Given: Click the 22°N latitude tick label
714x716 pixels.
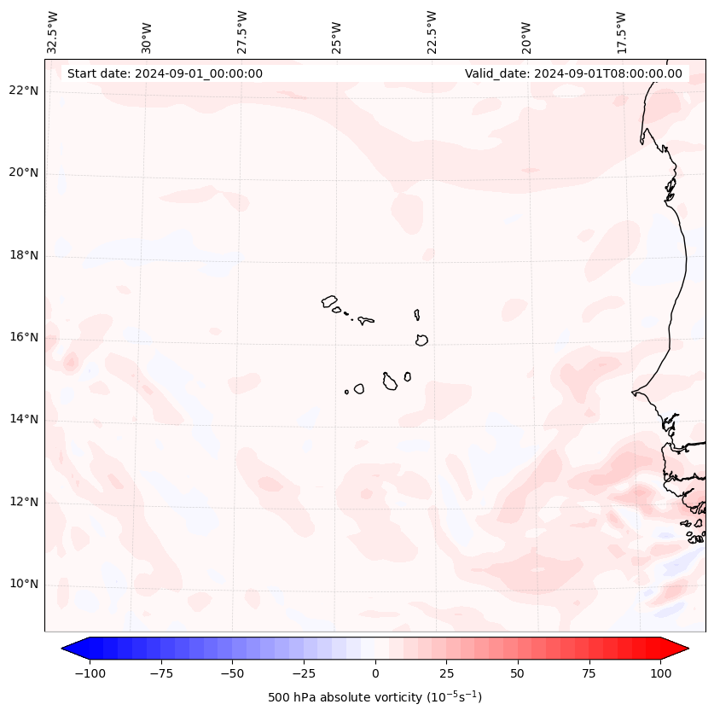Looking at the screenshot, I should [25, 91].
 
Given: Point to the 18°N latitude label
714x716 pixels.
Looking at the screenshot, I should [25, 255].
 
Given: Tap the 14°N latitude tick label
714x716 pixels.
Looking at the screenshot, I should [25, 419].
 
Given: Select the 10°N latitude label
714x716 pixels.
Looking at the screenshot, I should [25, 585].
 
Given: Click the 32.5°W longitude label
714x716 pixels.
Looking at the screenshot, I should [53, 32].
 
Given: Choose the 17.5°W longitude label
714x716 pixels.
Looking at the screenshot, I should [622, 32].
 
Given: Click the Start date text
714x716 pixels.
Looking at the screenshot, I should [165, 73].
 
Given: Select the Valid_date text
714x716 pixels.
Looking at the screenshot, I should [573, 73].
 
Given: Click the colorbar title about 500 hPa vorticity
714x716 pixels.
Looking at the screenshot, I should [374, 697].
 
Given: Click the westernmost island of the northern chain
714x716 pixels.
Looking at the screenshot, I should [329, 301].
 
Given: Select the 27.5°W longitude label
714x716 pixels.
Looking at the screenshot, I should [242, 32].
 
